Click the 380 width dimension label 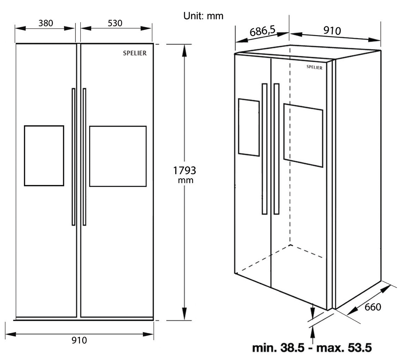pyautogui.click(x=46, y=23)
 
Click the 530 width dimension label pyautogui.click(x=115, y=23)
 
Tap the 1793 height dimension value pyautogui.click(x=185, y=171)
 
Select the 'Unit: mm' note pyautogui.click(x=203, y=16)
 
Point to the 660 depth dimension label pyautogui.click(x=373, y=307)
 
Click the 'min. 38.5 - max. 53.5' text pyautogui.click(x=312, y=348)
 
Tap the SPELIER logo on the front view pyautogui.click(x=135, y=53)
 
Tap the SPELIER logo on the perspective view pyautogui.click(x=314, y=67)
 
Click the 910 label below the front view pyautogui.click(x=79, y=340)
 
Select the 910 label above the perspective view pyautogui.click(x=332, y=31)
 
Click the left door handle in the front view pyautogui.click(x=73, y=156)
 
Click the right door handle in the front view pyautogui.click(x=84, y=156)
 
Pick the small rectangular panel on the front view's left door pyautogui.click(x=44, y=155)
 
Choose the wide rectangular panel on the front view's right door pyautogui.click(x=118, y=156)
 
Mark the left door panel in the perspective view pyautogui.click(x=249, y=127)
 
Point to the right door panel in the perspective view pyautogui.click(x=303, y=135)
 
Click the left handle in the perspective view pyautogui.click(x=264, y=149)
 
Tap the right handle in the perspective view pyautogui.click(x=277, y=149)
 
